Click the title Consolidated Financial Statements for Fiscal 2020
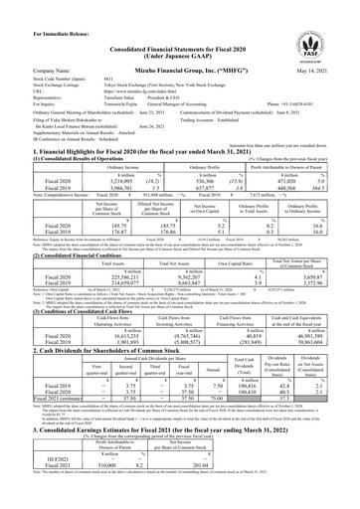(179, 25)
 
